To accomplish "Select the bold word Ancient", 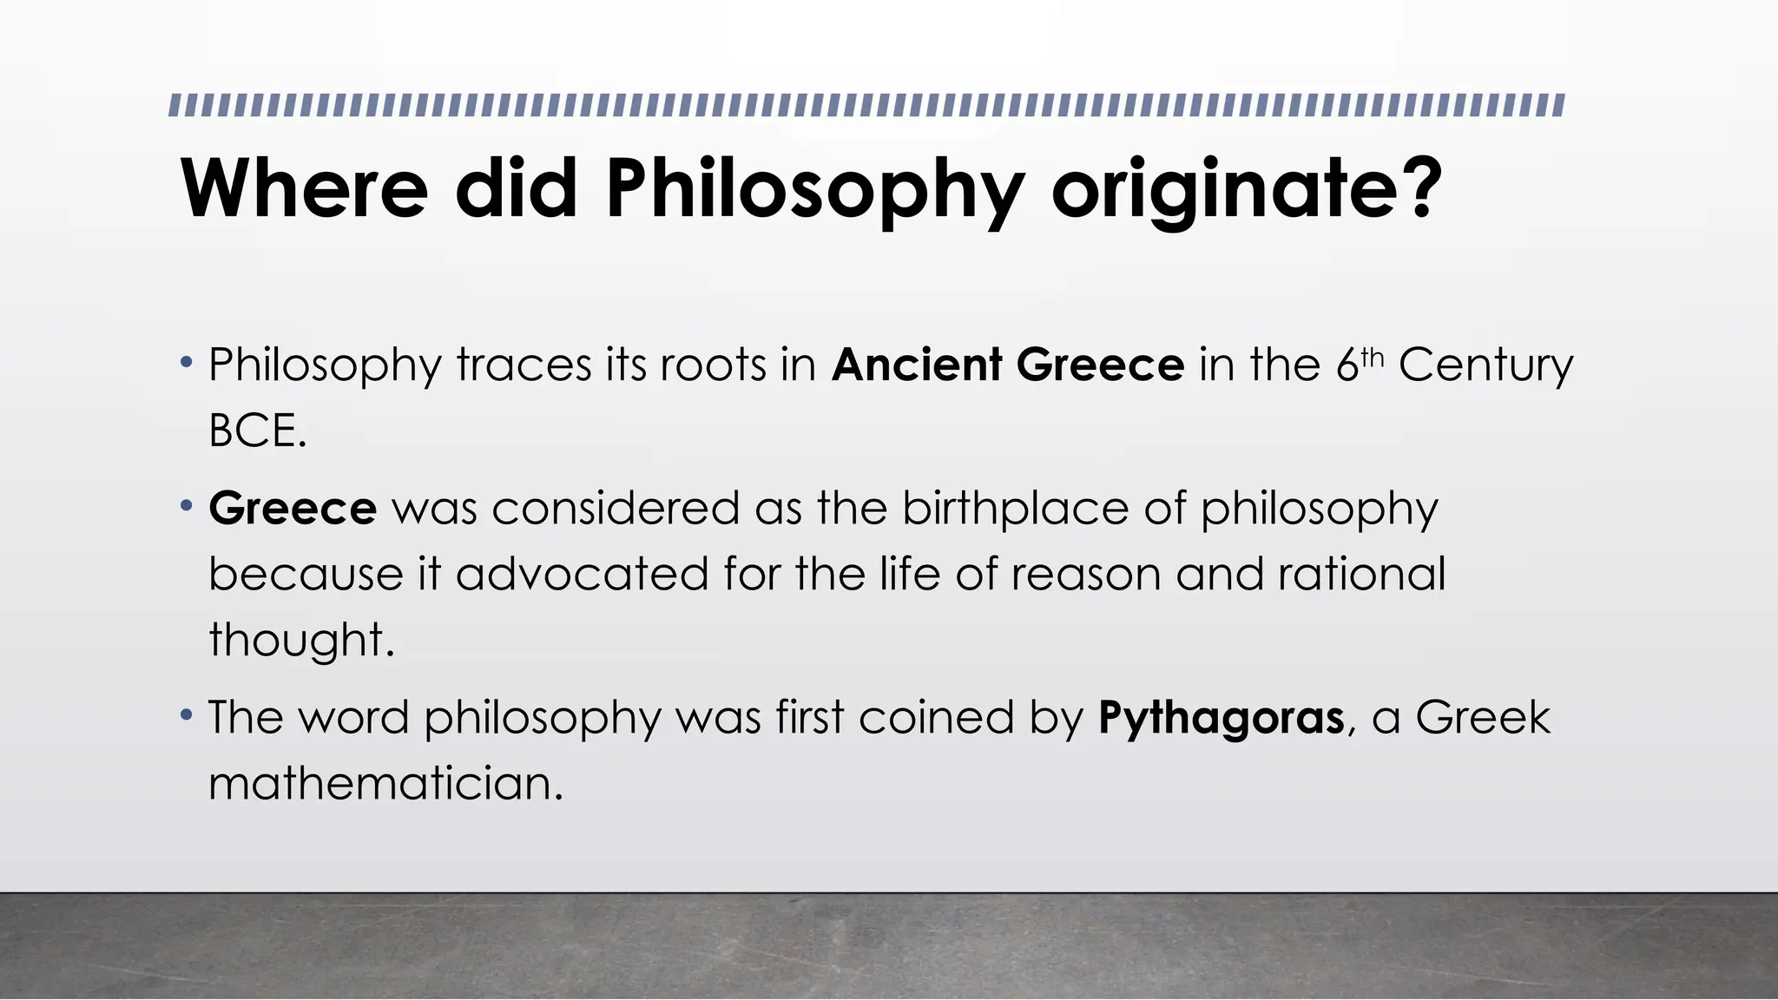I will point(917,365).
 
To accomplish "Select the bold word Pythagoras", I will point(1221,719).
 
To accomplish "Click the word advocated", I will point(582,575).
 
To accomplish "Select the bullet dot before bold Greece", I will point(186,505).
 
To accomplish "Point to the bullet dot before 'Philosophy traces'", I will point(186,361).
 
